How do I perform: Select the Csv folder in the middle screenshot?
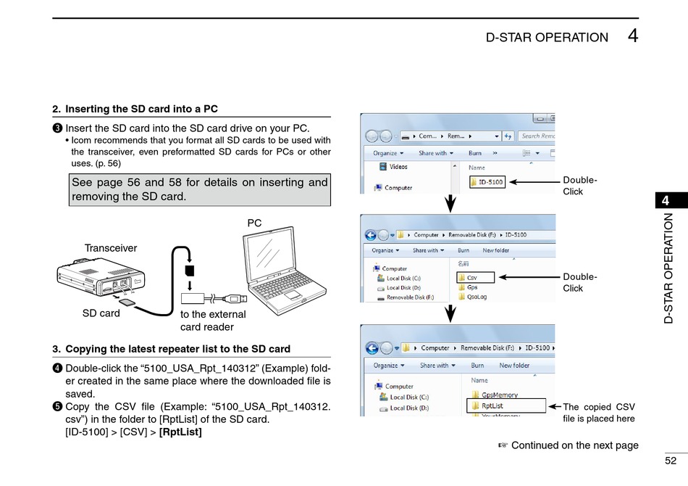pos(475,277)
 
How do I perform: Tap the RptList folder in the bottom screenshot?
pos(496,406)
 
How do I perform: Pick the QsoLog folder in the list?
pos(477,296)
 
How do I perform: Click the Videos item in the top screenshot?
pos(398,166)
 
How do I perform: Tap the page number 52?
pos(670,461)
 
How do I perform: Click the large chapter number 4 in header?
pos(633,36)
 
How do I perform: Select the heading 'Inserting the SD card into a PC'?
pos(141,110)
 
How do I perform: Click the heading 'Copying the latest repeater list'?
pos(177,349)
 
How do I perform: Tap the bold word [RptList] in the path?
pos(180,432)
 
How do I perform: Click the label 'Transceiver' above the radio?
pos(111,248)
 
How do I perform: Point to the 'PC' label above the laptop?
pos(254,223)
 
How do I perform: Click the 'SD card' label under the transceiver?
pos(101,313)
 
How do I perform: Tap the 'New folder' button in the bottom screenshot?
pos(514,366)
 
